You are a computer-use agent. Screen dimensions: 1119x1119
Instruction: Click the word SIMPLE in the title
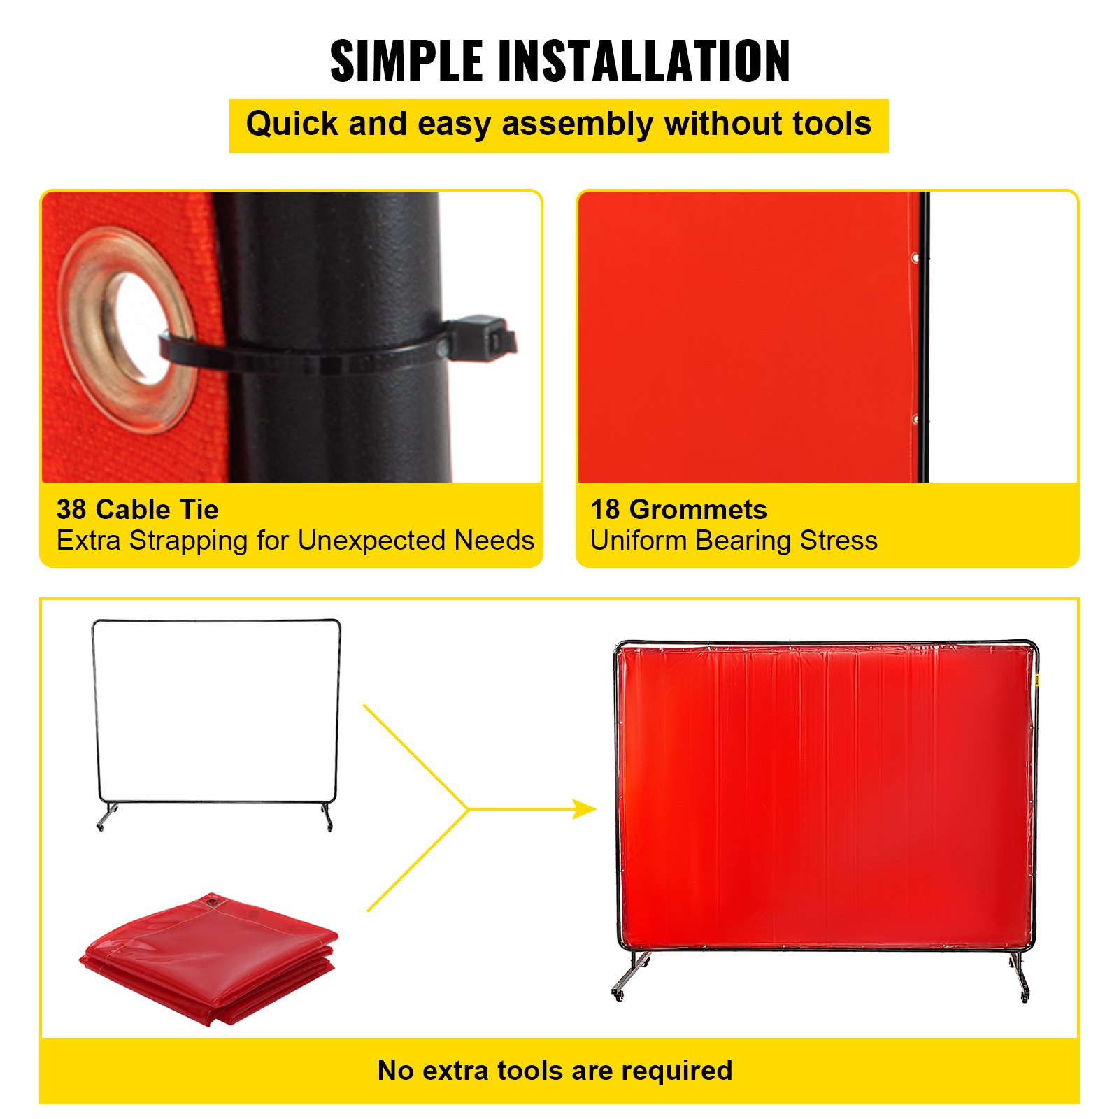406,61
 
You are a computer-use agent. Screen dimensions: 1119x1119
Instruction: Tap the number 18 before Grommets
605,510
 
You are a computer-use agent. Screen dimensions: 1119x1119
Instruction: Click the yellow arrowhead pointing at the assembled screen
585,809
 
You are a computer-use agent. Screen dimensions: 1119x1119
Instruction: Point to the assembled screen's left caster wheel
618,994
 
